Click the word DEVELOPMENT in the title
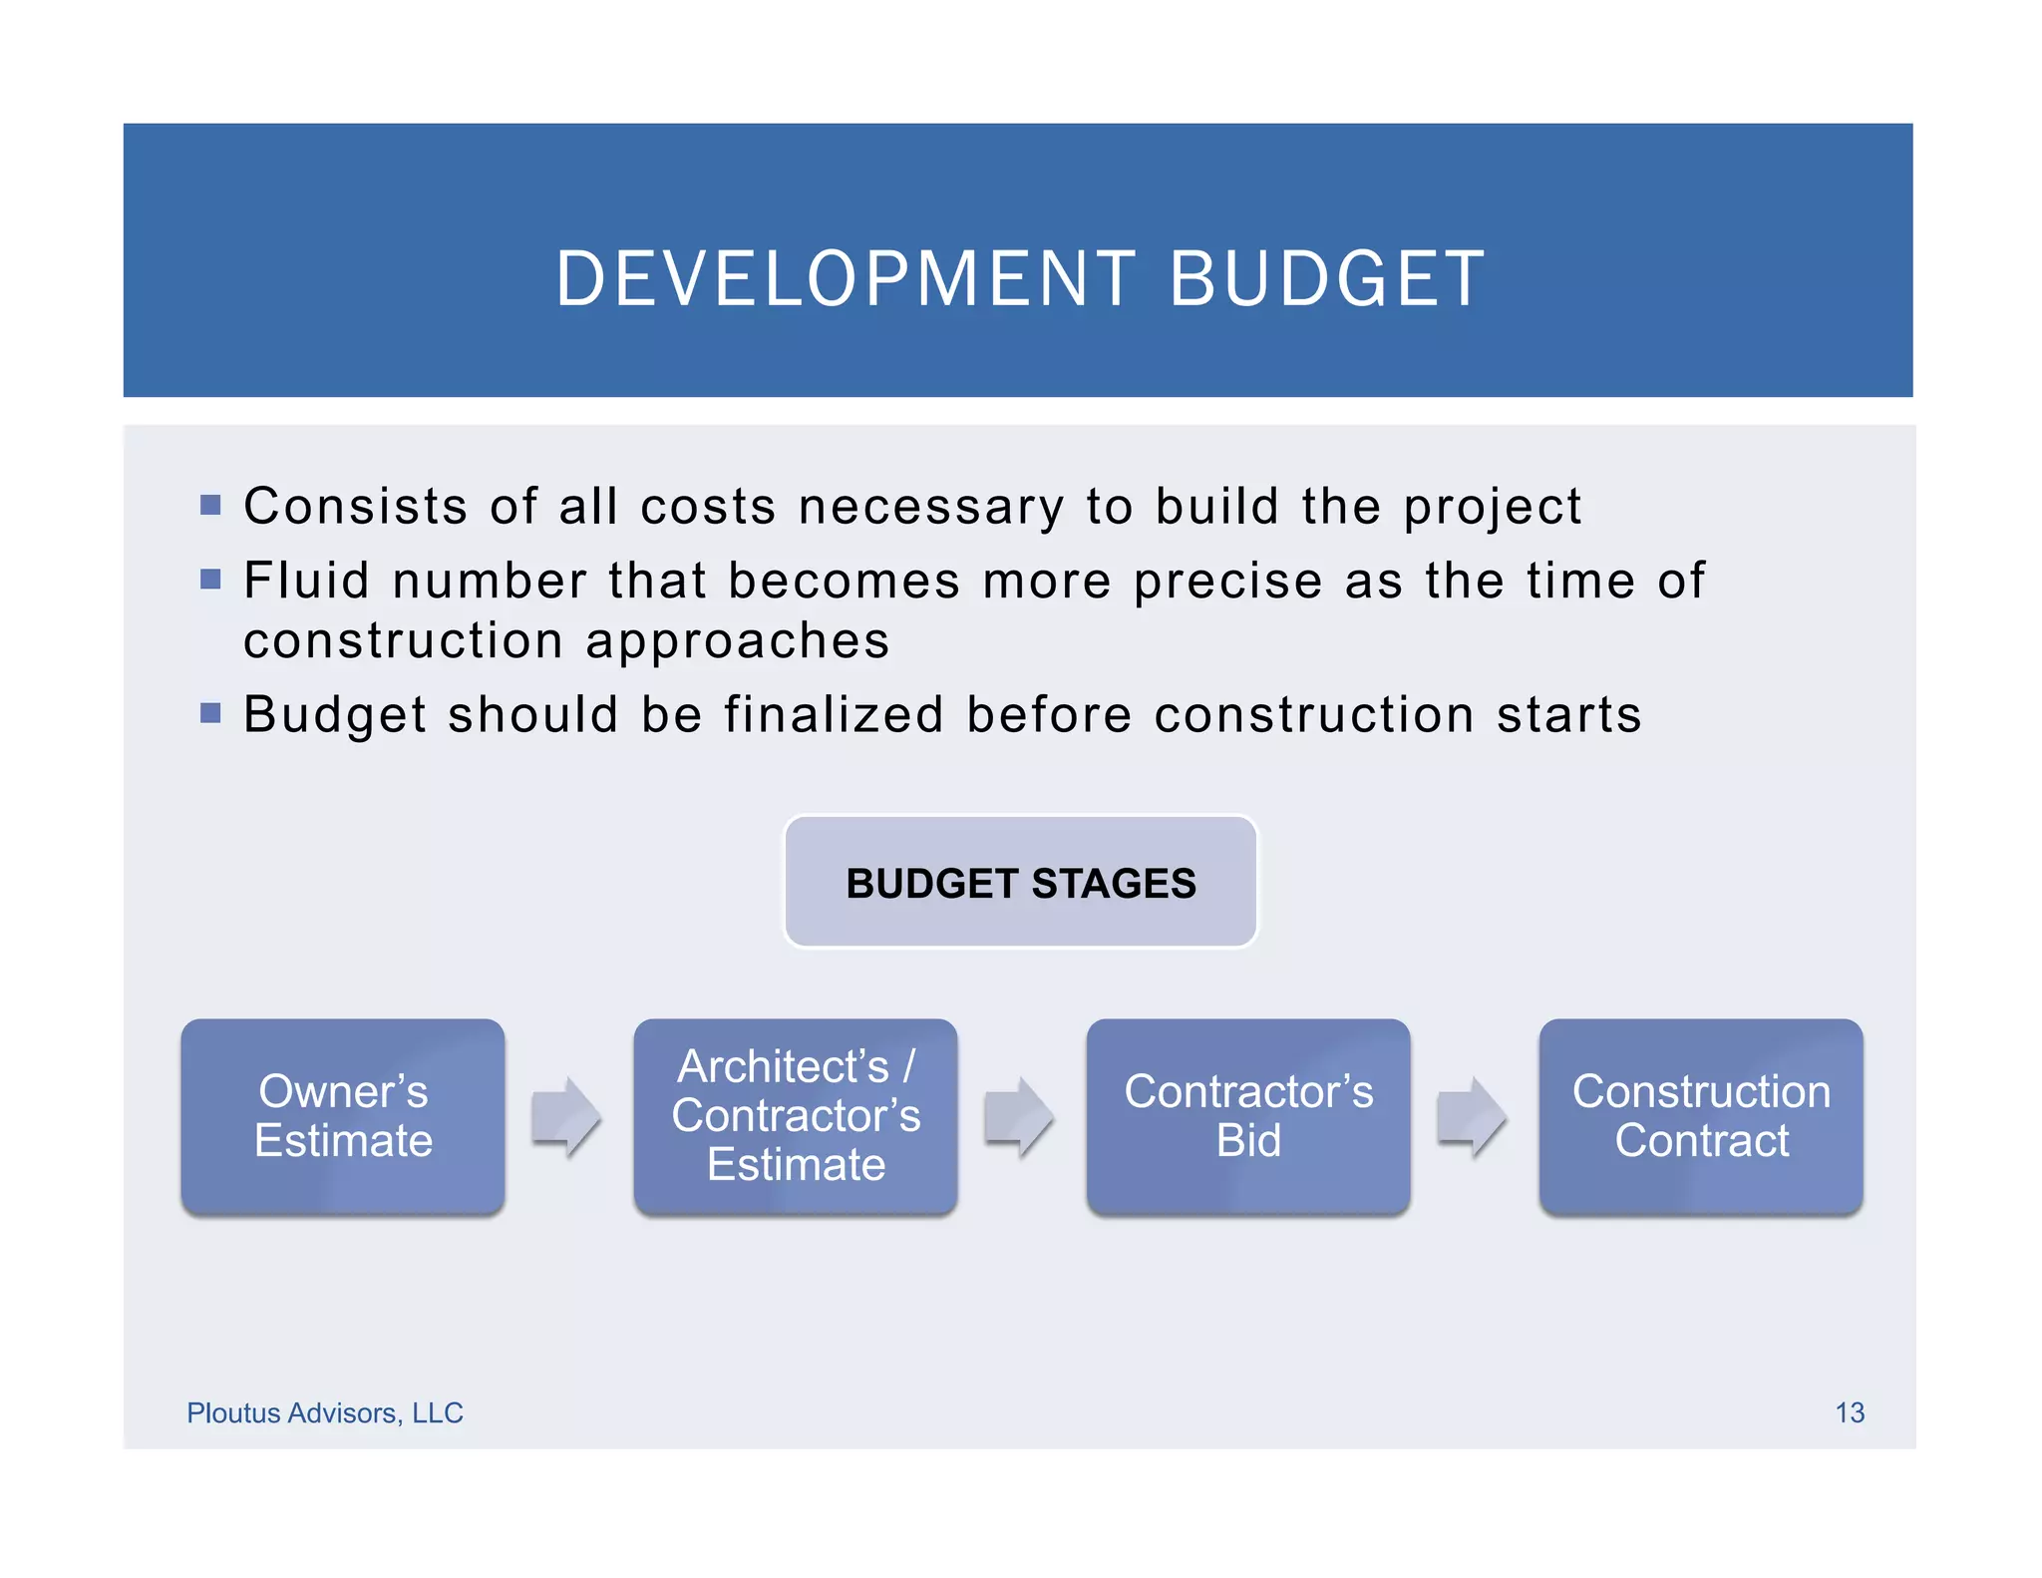(845, 279)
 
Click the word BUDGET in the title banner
(1327, 279)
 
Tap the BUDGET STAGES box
(1020, 883)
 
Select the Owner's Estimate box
(343, 1116)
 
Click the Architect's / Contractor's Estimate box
(796, 1116)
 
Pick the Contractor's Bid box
(1248, 1116)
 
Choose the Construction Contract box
(1701, 1116)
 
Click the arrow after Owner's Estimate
(565, 1116)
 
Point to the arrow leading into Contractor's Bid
(1018, 1116)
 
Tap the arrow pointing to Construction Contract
(1471, 1116)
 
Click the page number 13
(1850, 1412)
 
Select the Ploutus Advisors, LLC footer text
(325, 1412)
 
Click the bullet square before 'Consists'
(210, 505)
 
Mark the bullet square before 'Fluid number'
(210, 580)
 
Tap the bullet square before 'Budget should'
(210, 713)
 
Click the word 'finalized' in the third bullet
(834, 715)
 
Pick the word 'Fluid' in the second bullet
(306, 581)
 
